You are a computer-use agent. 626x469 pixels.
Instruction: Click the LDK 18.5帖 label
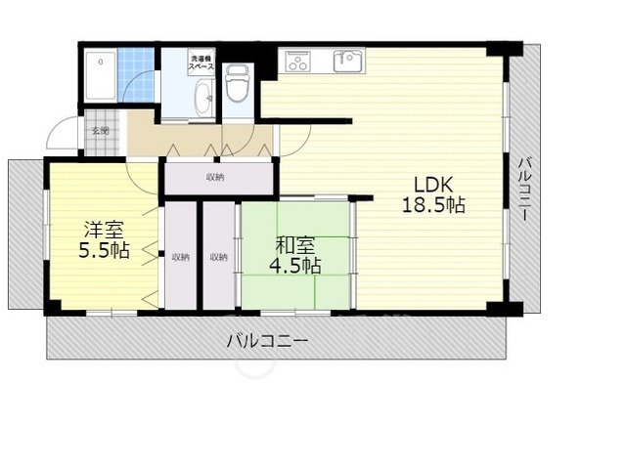tap(431, 194)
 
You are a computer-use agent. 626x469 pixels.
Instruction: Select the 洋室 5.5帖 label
tap(105, 240)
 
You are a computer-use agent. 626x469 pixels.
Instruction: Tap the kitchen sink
tap(345, 61)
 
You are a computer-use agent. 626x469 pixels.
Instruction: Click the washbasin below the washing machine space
tap(202, 99)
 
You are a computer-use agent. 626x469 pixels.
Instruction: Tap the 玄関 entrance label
tap(101, 130)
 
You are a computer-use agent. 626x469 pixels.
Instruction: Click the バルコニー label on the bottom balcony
tap(267, 342)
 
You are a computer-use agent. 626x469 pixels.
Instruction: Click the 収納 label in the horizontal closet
tap(215, 177)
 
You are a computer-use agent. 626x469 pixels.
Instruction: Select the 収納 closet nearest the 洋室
tap(180, 257)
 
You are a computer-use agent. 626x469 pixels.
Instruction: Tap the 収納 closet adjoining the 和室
tap(218, 257)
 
